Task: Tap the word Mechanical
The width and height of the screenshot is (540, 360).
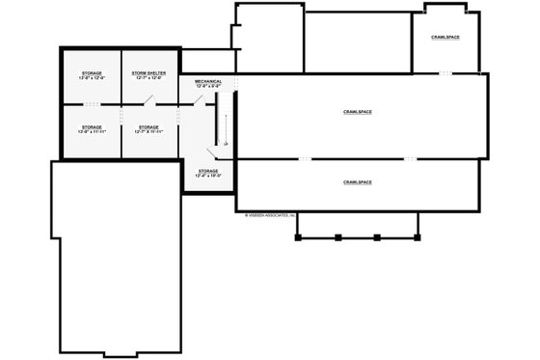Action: pos(207,81)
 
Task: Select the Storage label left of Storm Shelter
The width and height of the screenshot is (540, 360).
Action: pos(92,72)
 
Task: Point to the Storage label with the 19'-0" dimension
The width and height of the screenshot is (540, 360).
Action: pos(207,171)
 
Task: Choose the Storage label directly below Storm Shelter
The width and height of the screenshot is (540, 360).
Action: pos(148,126)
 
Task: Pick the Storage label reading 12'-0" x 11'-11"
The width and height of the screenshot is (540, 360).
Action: pos(92,126)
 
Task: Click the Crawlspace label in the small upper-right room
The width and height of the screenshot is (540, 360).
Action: pos(445,37)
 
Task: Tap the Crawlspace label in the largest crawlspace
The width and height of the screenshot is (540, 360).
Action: pos(357,112)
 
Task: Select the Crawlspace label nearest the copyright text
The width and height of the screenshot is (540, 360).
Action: pos(357,181)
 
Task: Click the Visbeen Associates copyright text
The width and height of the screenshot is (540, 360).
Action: pos(270,215)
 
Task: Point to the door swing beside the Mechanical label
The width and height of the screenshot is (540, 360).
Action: pos(199,97)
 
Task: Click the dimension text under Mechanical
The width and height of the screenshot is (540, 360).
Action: pos(207,87)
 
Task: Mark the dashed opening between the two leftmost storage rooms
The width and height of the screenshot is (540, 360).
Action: pos(92,102)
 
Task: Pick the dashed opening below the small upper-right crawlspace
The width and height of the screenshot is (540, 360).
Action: pos(446,73)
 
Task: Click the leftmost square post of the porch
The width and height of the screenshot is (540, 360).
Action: pos(298,235)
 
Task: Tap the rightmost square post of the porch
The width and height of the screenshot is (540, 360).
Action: pos(418,235)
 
